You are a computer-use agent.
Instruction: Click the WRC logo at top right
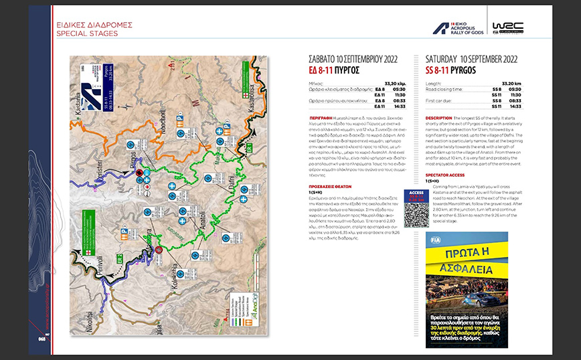click(x=509, y=27)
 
